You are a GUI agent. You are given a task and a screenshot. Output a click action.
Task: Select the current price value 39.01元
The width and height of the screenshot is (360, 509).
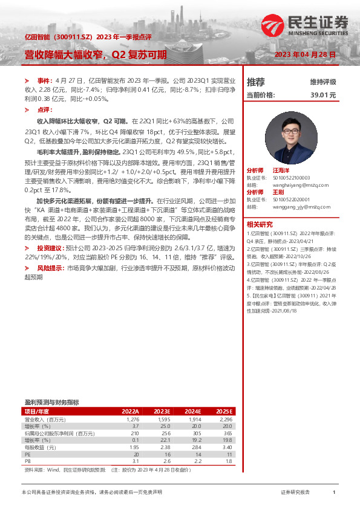pos(323,95)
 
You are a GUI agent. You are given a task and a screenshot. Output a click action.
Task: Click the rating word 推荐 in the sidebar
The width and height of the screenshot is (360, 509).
pos(256,82)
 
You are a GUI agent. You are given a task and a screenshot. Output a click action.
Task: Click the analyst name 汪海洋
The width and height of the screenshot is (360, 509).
pos(281,170)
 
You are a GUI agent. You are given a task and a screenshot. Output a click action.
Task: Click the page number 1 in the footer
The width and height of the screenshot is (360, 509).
pos(334,493)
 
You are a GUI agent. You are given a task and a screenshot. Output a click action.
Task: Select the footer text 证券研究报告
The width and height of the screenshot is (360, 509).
pos(295,493)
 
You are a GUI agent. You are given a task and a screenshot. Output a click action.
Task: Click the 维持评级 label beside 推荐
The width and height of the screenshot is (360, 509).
pos(323,82)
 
